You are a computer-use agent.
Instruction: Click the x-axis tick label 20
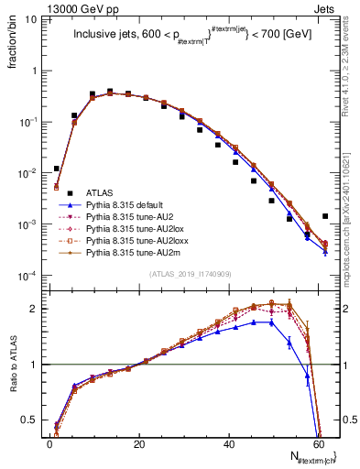click(138, 444)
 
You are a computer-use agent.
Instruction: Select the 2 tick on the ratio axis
click(37, 308)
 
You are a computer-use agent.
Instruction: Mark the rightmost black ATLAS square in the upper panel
click(325, 216)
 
